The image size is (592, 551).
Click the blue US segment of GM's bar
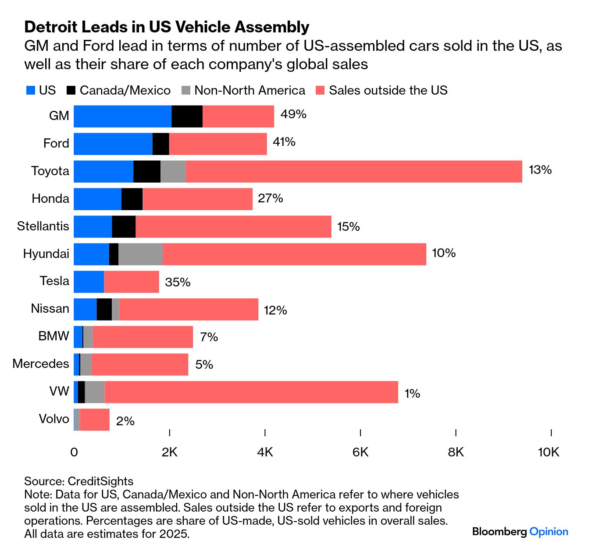(x=122, y=117)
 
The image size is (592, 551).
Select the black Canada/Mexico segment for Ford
(x=160, y=144)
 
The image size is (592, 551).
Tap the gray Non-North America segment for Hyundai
(x=140, y=254)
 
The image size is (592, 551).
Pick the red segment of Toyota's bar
(x=353, y=171)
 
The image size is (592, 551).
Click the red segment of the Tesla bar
(x=131, y=282)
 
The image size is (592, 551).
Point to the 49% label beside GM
(x=293, y=114)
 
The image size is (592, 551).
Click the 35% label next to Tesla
(x=178, y=282)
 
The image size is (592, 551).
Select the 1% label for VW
(x=412, y=393)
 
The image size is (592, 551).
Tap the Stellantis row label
(x=43, y=226)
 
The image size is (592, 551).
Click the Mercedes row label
(x=41, y=364)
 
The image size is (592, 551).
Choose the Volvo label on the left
(x=54, y=419)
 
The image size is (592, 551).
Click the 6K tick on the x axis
(x=360, y=452)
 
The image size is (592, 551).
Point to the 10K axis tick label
(x=549, y=452)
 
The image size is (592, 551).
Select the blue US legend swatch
(x=31, y=91)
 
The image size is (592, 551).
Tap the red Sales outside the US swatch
(x=321, y=91)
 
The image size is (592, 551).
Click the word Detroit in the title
(x=51, y=27)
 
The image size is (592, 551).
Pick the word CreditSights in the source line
(x=100, y=481)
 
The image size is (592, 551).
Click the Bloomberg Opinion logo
(x=520, y=532)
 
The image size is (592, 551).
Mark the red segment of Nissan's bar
(x=189, y=309)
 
